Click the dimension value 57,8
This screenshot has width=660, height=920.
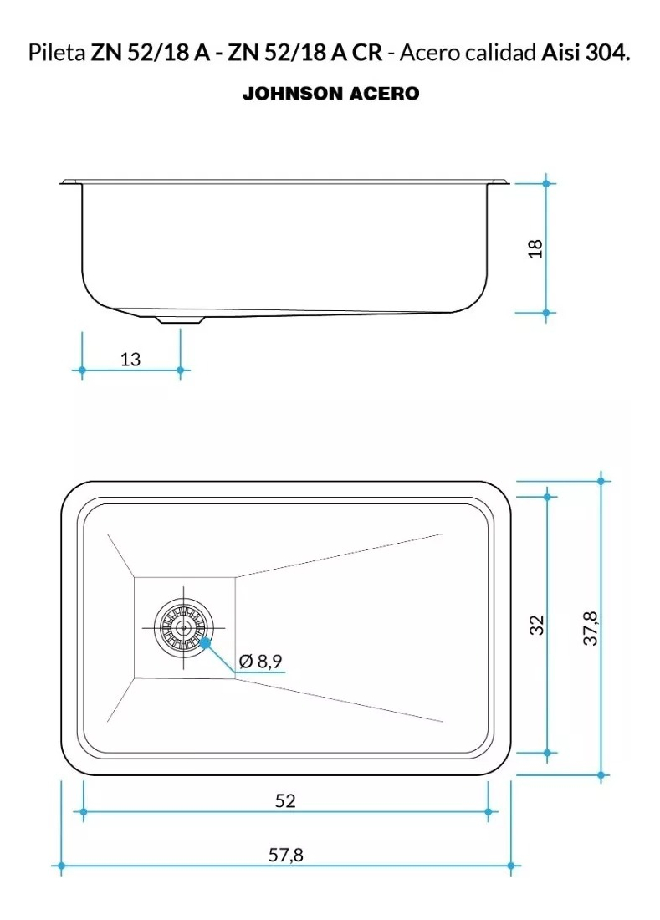(x=286, y=855)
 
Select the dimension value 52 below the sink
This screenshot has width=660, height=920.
(x=285, y=801)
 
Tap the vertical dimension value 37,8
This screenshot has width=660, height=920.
(x=591, y=628)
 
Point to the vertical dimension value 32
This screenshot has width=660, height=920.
(x=537, y=625)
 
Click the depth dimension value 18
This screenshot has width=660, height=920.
(x=535, y=248)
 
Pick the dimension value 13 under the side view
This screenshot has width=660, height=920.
(x=130, y=359)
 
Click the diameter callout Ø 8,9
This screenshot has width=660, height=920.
(x=260, y=662)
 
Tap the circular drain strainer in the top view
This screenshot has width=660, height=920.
(x=184, y=627)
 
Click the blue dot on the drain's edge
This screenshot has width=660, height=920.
(x=205, y=643)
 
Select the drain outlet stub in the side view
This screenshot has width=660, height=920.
(x=180, y=319)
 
